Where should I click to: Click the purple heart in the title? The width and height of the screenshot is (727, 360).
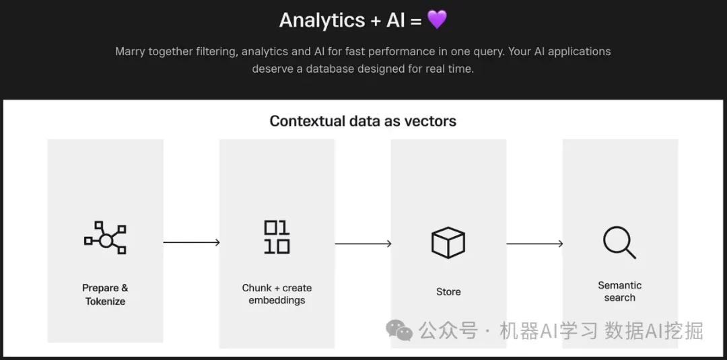click(437, 20)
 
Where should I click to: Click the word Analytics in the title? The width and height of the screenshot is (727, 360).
click(322, 20)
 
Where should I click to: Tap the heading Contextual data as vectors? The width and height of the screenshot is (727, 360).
click(363, 121)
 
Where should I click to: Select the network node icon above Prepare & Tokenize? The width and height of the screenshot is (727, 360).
click(105, 238)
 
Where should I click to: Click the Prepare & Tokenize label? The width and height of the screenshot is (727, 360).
click(105, 295)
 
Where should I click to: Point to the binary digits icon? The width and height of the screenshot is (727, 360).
click(277, 237)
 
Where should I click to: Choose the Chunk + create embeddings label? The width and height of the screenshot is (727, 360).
click(277, 294)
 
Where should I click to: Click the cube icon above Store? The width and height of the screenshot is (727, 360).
click(448, 242)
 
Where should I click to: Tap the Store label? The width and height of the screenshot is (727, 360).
click(448, 291)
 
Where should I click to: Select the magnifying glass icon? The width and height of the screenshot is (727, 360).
click(619, 242)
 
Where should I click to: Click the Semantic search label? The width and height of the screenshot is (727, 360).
click(619, 291)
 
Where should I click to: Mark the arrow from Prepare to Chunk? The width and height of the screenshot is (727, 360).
click(191, 242)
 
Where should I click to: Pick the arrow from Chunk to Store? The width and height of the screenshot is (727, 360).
click(363, 243)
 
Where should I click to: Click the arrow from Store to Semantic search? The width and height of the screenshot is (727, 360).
click(534, 243)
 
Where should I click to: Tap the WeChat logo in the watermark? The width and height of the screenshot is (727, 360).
click(399, 330)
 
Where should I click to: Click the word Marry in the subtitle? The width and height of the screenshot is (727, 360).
click(131, 52)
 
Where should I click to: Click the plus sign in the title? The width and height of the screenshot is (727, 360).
click(376, 20)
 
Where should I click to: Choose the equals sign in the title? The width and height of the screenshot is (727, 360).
click(415, 20)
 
